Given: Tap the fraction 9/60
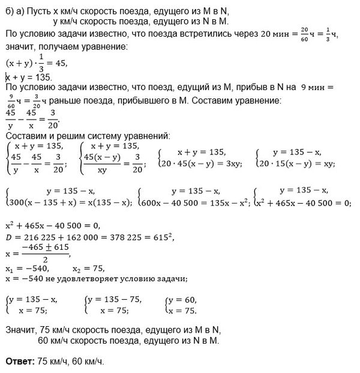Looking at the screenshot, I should click(x=10, y=99).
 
